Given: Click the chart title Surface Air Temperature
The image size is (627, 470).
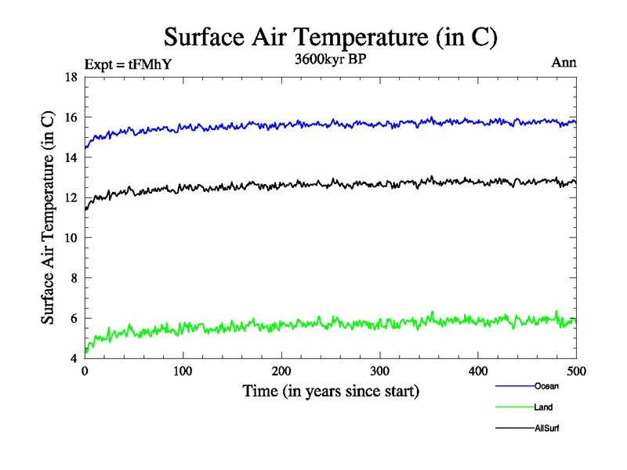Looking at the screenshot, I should tap(330, 36).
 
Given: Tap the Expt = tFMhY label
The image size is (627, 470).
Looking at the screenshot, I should tap(127, 65).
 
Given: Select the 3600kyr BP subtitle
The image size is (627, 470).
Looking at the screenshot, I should tap(329, 60).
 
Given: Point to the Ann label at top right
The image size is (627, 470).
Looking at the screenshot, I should tap(564, 63).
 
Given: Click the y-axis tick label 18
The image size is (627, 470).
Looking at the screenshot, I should tap(70, 78).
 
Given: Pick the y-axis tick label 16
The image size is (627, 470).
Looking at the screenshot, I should tap(70, 117).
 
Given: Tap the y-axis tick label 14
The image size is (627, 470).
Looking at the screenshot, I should tap(70, 157).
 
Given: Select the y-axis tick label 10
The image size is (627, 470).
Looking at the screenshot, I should tap(70, 238).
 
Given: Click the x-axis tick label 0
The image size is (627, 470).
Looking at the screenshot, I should tap(85, 372).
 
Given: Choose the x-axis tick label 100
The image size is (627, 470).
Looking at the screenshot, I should tap(183, 372).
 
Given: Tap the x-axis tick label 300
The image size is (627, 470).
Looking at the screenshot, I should tap(380, 372).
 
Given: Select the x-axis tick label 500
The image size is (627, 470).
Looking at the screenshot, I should tap(577, 372).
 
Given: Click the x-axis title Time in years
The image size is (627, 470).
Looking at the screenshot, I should tap(331, 391).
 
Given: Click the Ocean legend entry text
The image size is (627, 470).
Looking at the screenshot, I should tap(546, 385).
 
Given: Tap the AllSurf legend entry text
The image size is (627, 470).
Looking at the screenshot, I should tap(547, 428).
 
